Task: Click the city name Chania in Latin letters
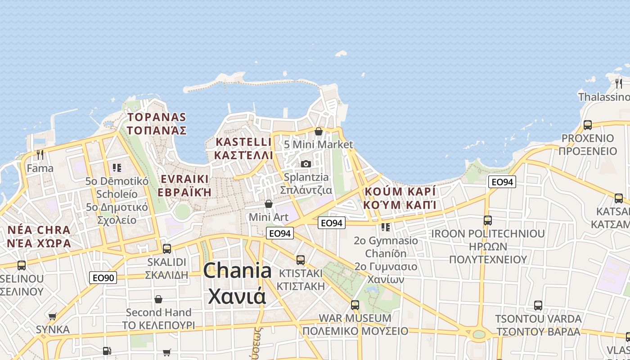tap(237, 271)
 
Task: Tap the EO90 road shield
tap(103, 278)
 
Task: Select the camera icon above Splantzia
tap(306, 164)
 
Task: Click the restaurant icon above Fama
tap(40, 155)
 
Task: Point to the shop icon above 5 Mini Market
tap(319, 131)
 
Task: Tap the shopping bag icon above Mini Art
tap(269, 204)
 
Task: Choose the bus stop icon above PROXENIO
tap(587, 125)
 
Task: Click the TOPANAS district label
tap(157, 117)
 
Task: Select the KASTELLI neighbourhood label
tap(243, 142)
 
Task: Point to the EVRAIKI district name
tap(184, 179)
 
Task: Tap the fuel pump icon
tap(107, 351)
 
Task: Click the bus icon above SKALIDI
tap(167, 248)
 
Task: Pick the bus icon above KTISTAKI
tap(301, 260)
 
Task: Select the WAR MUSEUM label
tap(355, 318)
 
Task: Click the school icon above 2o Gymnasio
tap(386, 227)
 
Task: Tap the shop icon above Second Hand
tap(158, 299)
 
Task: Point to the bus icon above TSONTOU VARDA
tap(538, 306)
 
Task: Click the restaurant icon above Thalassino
tap(619, 83)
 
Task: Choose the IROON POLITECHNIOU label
tap(488, 234)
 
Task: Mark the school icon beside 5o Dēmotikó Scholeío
tap(117, 168)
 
